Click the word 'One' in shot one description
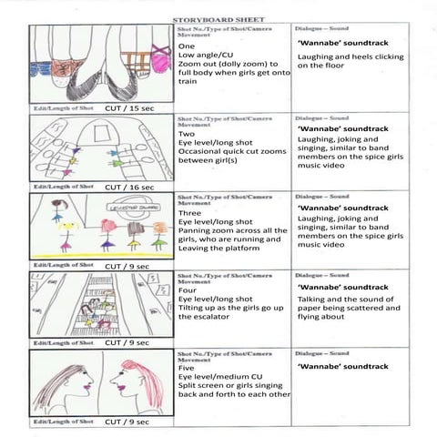187,46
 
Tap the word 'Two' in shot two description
188,131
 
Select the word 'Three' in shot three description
191,211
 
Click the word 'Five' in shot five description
188,368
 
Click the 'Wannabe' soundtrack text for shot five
343,366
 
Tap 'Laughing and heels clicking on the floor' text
351,61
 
